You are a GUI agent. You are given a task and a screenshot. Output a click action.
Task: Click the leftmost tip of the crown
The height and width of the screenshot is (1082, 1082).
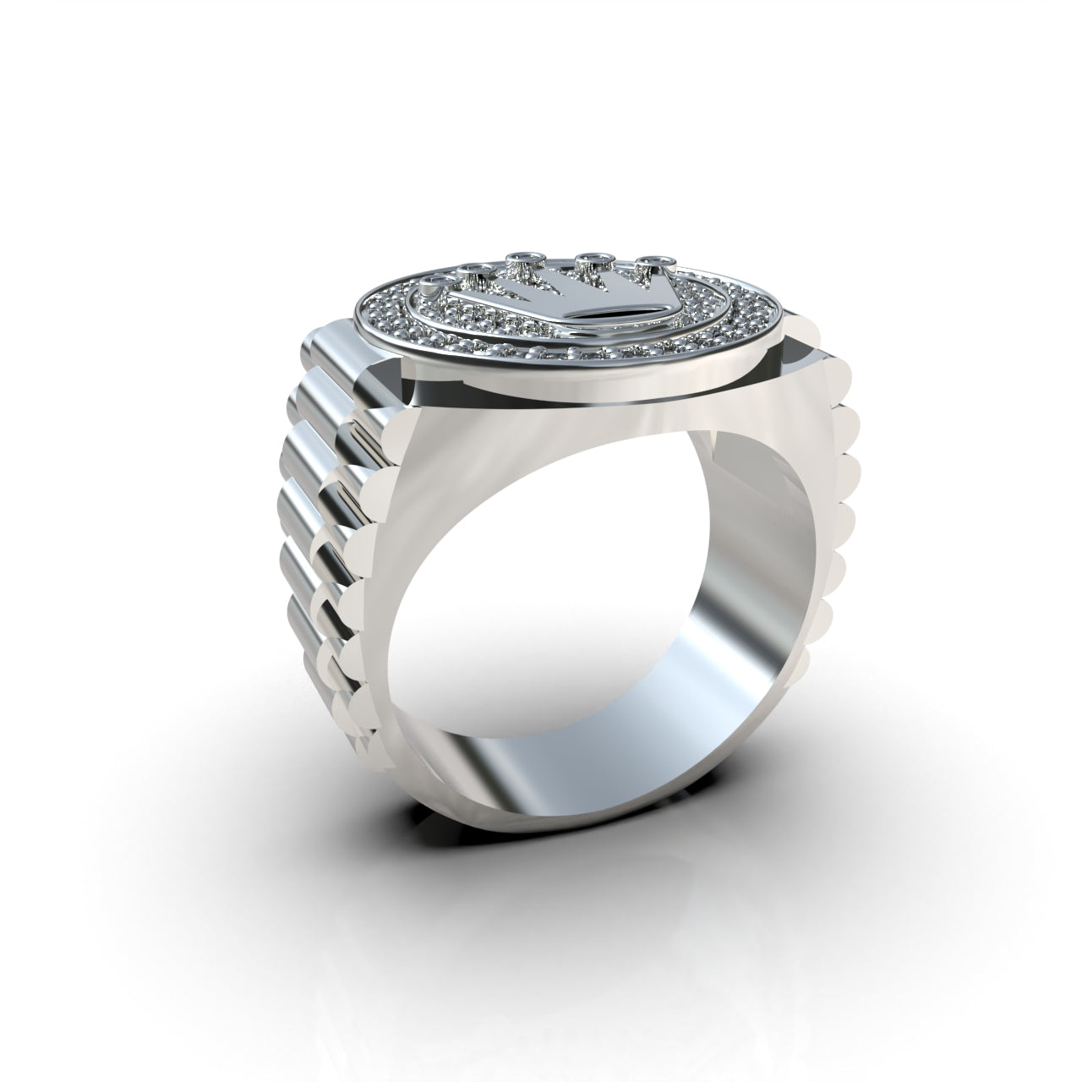tap(437, 280)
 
